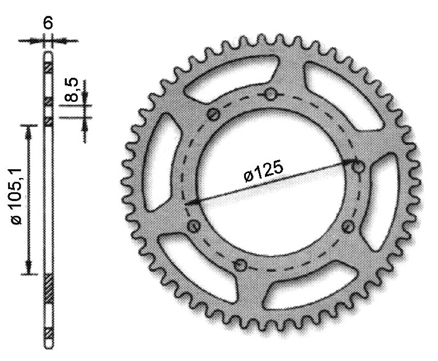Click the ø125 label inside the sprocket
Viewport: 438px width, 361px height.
(263, 173)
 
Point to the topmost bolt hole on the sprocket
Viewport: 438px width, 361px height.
(270, 95)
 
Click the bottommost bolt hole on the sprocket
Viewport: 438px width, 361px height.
(239, 266)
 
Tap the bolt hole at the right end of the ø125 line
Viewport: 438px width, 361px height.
(359, 166)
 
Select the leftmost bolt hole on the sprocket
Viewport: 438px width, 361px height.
(193, 226)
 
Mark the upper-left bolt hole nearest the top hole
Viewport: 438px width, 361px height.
(214, 114)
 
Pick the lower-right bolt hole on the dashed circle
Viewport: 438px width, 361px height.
(346, 225)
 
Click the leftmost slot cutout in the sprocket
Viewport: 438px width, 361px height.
(165, 159)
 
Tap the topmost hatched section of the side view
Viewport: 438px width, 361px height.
(49, 68)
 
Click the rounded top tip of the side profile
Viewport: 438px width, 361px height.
(49, 48)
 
